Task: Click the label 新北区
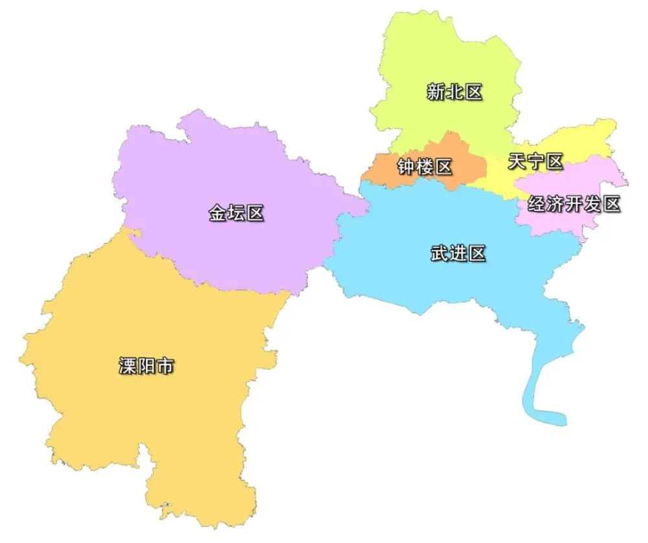coord(454,92)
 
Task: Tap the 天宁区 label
coord(536,161)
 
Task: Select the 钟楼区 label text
coord(424,167)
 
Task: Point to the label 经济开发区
coord(574,204)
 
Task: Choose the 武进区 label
coord(458,253)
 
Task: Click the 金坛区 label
coord(237,213)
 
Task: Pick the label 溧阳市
coord(146,366)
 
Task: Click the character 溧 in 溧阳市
coord(128,366)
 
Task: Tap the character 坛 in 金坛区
coord(237,213)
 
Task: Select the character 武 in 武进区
coord(439,253)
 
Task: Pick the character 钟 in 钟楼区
coord(406,167)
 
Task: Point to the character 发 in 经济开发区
coord(593,204)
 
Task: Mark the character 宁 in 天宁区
coord(536,161)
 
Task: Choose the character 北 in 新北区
coord(454,92)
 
